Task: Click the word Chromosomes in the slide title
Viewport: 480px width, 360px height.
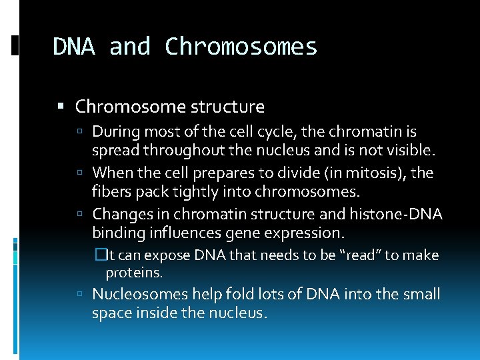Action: (x=241, y=47)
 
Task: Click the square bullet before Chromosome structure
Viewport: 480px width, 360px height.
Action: (x=61, y=107)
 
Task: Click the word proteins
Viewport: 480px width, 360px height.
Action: (x=134, y=273)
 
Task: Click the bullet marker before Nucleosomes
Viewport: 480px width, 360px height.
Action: (x=79, y=295)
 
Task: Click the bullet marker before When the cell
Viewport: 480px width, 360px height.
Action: (x=79, y=173)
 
